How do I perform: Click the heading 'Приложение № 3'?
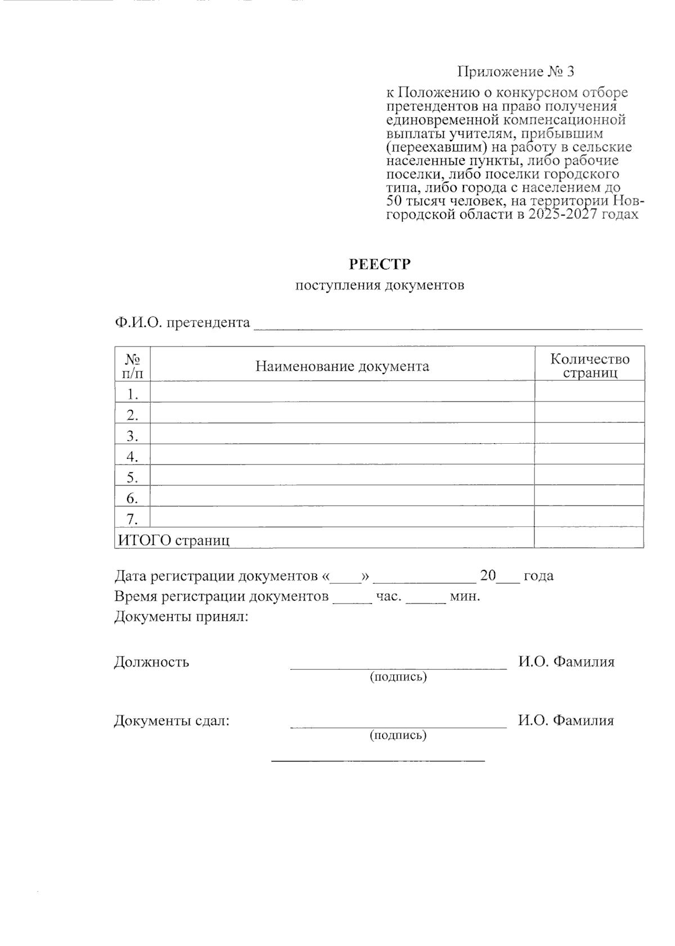516,72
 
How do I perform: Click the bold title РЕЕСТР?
380,264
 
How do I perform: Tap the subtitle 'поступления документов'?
380,285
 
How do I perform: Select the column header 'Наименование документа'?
342,367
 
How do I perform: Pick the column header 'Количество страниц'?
589,366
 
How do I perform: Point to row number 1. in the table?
132,394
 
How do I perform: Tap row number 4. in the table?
132,456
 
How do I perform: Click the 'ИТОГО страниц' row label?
173,540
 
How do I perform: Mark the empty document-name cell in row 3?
342,435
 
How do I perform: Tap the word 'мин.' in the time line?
465,596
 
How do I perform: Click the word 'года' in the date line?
538,576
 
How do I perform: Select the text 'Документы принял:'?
181,617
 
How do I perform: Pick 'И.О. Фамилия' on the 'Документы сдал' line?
565,720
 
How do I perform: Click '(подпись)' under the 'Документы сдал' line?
398,735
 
